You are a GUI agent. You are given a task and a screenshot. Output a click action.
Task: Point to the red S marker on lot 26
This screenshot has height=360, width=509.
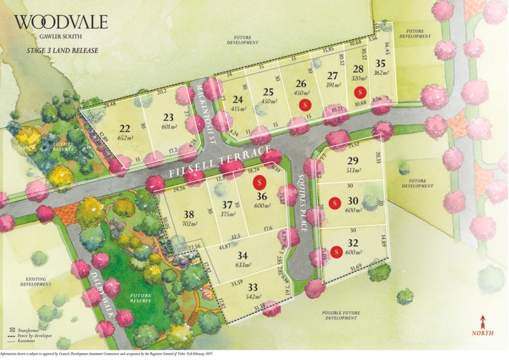[x=306, y=103]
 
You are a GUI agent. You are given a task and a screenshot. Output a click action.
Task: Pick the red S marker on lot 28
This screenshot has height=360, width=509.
[x=360, y=91]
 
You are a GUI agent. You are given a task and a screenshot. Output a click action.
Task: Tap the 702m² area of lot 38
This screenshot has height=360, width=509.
[x=189, y=225]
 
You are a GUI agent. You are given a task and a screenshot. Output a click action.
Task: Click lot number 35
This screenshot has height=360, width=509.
[x=380, y=63]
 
